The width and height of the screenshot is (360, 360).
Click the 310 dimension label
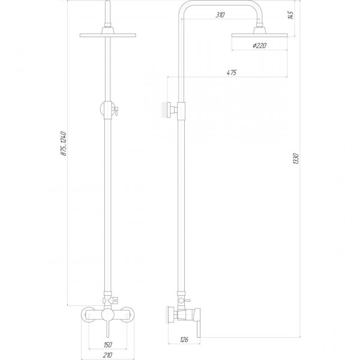pyautogui.click(x=220, y=15)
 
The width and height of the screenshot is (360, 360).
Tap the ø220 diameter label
pyautogui.click(x=260, y=46)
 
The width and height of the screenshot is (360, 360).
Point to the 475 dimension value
pyautogui.click(x=230, y=73)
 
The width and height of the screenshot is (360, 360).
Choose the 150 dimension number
pyautogui.click(x=106, y=344)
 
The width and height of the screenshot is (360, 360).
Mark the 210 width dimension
pyautogui.click(x=106, y=354)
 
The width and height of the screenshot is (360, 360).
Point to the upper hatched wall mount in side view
pyautogui.click(x=164, y=110)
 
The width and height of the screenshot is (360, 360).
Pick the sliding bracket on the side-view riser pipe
pyautogui.click(x=182, y=110)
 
